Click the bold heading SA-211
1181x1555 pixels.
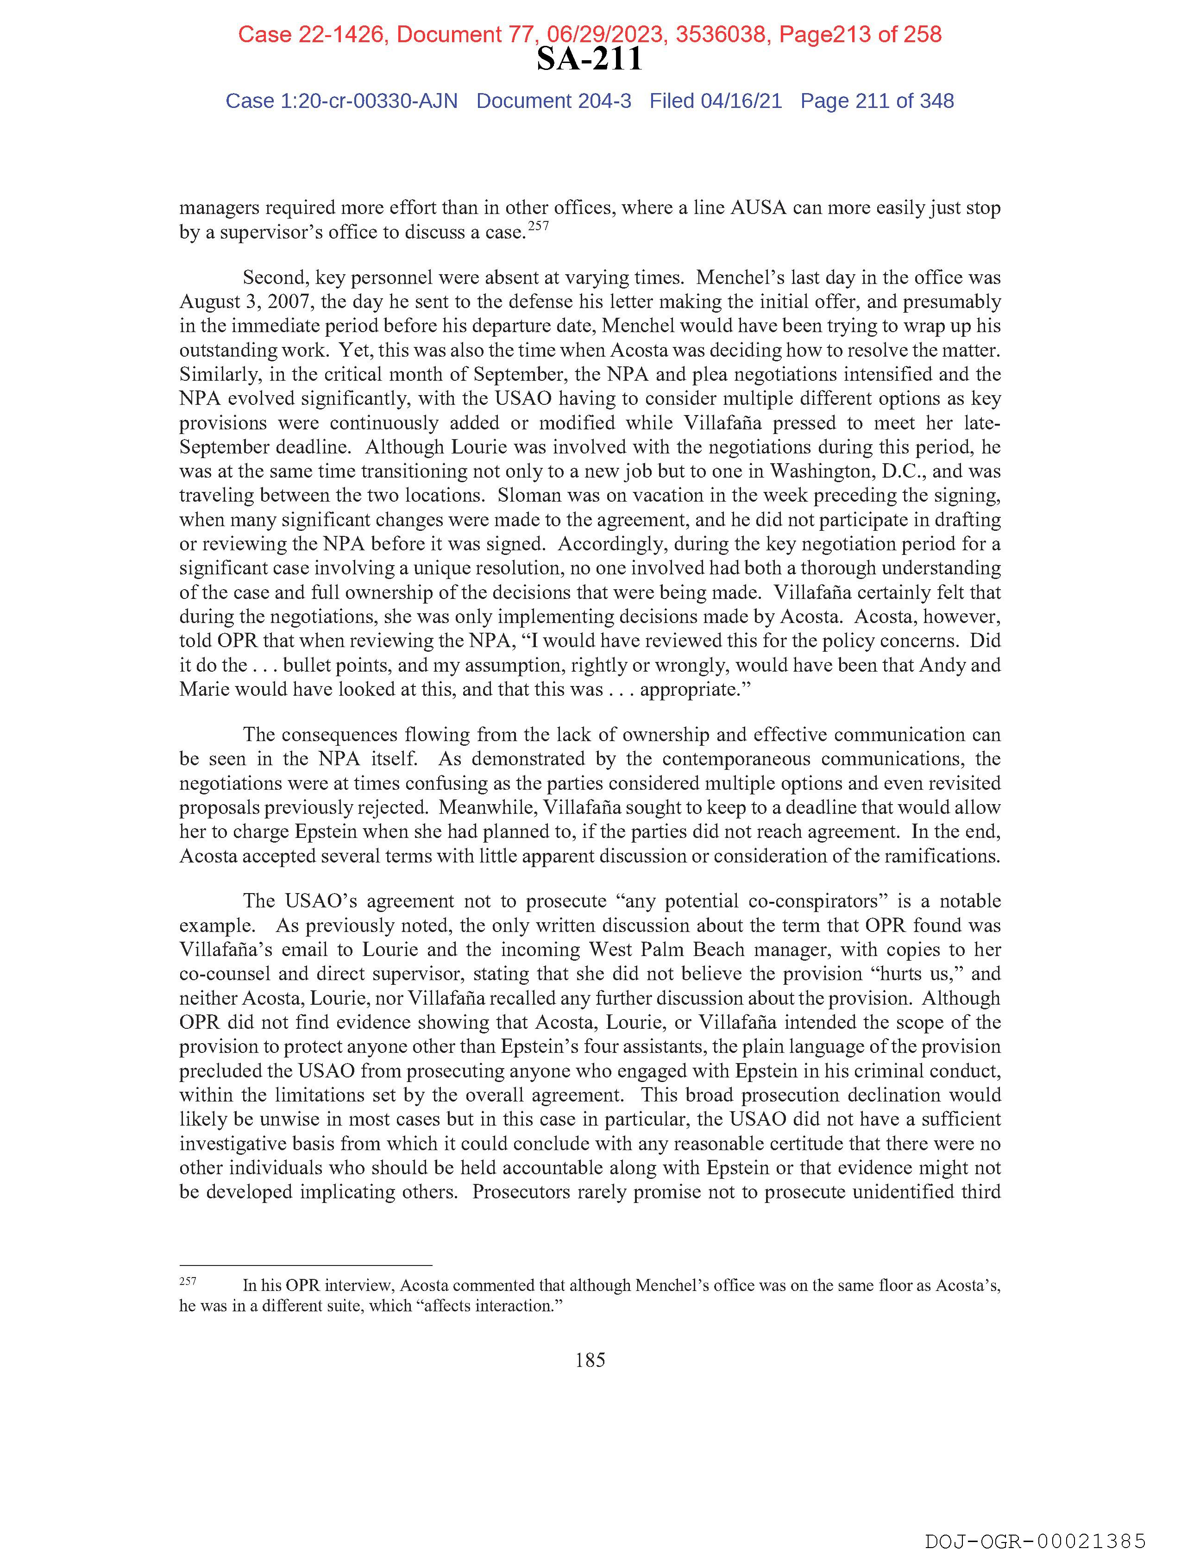(589, 60)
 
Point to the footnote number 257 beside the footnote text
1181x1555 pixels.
(188, 1281)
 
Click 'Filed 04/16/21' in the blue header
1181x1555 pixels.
(715, 101)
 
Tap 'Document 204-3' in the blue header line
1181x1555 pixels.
(554, 101)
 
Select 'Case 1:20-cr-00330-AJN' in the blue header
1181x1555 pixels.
(342, 101)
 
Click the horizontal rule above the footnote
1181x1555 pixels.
(306, 1265)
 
